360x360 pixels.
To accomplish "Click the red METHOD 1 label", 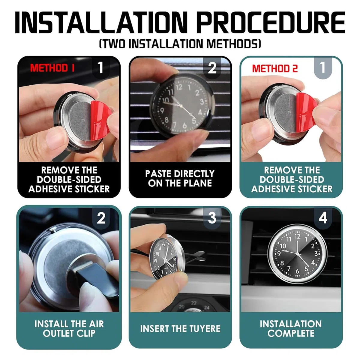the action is [x=52, y=68].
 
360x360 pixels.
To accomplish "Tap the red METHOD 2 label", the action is [x=275, y=69].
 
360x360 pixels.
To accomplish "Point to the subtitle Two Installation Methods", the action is [x=180, y=44].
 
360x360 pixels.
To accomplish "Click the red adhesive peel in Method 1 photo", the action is [x=100, y=117].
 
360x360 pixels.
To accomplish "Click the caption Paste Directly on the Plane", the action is [x=180, y=178].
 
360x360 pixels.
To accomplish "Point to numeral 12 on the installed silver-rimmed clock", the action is [x=297, y=236].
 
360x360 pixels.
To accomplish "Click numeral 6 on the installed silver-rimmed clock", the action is [x=297, y=271].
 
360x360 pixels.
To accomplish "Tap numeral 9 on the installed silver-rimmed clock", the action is [x=279, y=254].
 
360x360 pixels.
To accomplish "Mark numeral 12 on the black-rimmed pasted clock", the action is [x=179, y=87].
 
